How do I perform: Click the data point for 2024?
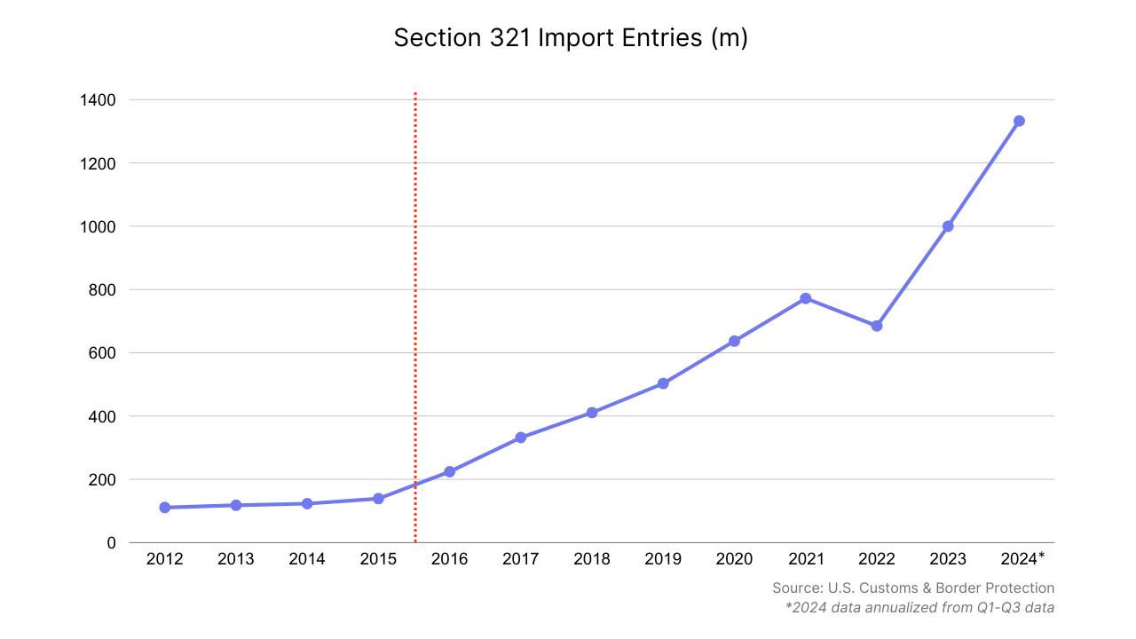click(x=1019, y=121)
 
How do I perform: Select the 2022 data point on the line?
click(x=877, y=326)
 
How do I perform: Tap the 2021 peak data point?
click(x=806, y=298)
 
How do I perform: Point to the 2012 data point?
click(x=165, y=508)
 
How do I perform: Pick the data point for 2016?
click(x=449, y=471)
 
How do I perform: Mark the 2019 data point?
click(x=663, y=383)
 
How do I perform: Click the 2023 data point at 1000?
click(x=948, y=226)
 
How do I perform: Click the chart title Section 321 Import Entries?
click(x=571, y=38)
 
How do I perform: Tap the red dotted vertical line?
click(x=415, y=311)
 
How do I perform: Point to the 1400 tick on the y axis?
click(x=99, y=100)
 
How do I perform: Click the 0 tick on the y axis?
click(x=111, y=543)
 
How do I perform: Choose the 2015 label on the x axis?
click(x=378, y=559)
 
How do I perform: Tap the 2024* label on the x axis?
click(x=1022, y=559)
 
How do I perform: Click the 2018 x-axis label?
click(x=592, y=559)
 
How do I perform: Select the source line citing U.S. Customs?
click(x=913, y=588)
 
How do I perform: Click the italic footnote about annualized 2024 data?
click(x=919, y=608)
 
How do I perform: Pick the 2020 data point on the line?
click(x=734, y=341)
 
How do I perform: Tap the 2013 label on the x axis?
click(x=236, y=559)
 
